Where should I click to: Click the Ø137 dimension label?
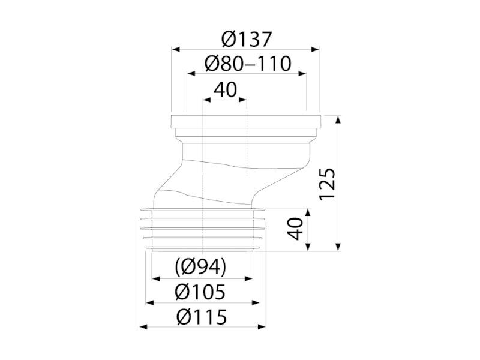tap(247, 39)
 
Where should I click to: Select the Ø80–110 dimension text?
tap(248, 64)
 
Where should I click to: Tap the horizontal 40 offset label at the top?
tap(226, 90)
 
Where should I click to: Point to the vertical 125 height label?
tap(327, 184)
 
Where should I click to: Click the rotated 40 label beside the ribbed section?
tap(295, 229)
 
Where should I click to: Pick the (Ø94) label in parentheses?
tap(201, 266)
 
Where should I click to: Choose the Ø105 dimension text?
tap(200, 292)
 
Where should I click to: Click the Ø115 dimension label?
tap(202, 317)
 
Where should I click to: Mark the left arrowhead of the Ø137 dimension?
tap(175, 49)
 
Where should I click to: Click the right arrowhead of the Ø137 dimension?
tap(316, 49)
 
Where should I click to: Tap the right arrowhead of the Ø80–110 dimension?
tap(302, 73)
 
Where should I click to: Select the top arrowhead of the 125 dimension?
tap(338, 119)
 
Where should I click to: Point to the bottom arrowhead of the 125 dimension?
tap(338, 247)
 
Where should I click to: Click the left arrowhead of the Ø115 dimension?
tap(143, 327)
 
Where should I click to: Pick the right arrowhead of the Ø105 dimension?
tap(256, 303)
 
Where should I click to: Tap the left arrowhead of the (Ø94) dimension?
tap(156, 278)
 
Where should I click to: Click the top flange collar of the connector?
tap(246, 122)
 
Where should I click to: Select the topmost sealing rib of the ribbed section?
tap(202, 209)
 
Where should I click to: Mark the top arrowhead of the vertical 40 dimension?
tap(308, 213)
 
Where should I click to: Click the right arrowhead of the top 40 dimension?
tap(243, 100)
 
